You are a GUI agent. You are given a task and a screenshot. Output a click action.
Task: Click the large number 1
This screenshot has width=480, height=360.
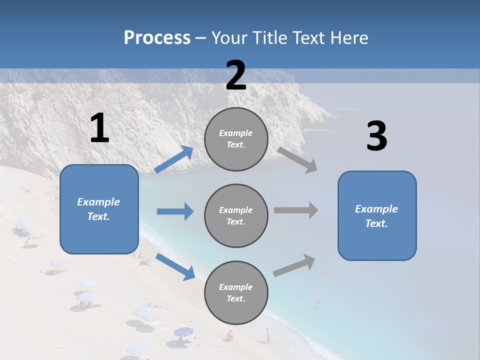click(99, 128)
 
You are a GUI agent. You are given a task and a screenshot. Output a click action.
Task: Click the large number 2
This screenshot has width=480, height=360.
click(236, 75)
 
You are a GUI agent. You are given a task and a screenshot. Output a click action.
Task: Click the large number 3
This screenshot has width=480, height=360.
click(376, 137)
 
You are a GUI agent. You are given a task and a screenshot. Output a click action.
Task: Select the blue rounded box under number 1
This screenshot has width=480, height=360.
click(99, 209)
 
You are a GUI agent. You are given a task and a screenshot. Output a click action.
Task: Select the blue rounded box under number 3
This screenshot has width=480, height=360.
click(377, 216)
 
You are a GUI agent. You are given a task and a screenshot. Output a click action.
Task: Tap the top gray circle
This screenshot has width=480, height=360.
click(236, 139)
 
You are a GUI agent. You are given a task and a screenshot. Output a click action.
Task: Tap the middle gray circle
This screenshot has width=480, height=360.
click(236, 216)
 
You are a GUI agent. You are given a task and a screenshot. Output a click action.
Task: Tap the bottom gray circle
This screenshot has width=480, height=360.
click(236, 293)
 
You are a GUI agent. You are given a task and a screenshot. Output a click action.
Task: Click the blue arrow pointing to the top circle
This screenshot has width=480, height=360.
click(174, 159)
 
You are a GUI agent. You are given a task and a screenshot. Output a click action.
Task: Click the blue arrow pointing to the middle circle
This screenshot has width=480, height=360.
click(175, 211)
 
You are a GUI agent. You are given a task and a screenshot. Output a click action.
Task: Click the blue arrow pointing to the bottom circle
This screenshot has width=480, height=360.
click(175, 266)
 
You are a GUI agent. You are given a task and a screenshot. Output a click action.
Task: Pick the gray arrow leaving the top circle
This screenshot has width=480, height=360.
click(297, 160)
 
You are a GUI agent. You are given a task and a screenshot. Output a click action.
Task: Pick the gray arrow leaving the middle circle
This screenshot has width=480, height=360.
click(296, 210)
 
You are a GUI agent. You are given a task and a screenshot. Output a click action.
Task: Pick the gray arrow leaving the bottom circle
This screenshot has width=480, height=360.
click(294, 265)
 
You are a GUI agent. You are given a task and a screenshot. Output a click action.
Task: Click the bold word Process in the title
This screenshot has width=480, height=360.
click(157, 37)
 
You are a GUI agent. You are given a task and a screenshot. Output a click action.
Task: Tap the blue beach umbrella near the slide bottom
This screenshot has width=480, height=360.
click(183, 331)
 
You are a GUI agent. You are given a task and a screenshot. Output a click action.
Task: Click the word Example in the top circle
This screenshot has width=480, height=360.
click(235, 133)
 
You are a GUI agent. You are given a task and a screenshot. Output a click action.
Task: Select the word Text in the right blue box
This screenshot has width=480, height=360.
click(376, 223)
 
